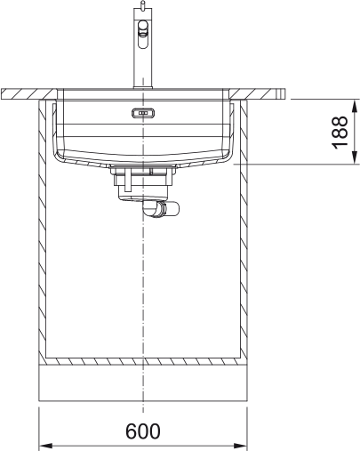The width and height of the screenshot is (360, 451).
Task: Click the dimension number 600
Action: pos(142,431)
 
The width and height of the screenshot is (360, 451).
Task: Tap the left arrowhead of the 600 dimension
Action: pos(44,443)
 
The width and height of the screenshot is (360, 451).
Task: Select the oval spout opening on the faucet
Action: pos(141,38)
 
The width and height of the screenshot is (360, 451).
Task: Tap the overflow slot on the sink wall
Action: pos(142,113)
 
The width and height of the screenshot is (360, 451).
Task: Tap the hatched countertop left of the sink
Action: pos(27,93)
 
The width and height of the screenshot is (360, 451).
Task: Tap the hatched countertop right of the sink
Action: pos(262,93)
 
